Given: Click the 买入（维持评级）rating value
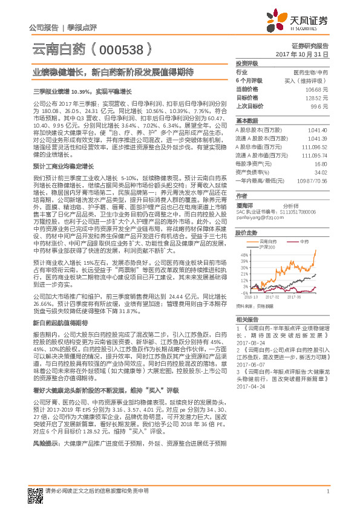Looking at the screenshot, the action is coord(306,80).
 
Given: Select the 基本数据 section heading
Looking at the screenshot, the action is coord(246,120).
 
